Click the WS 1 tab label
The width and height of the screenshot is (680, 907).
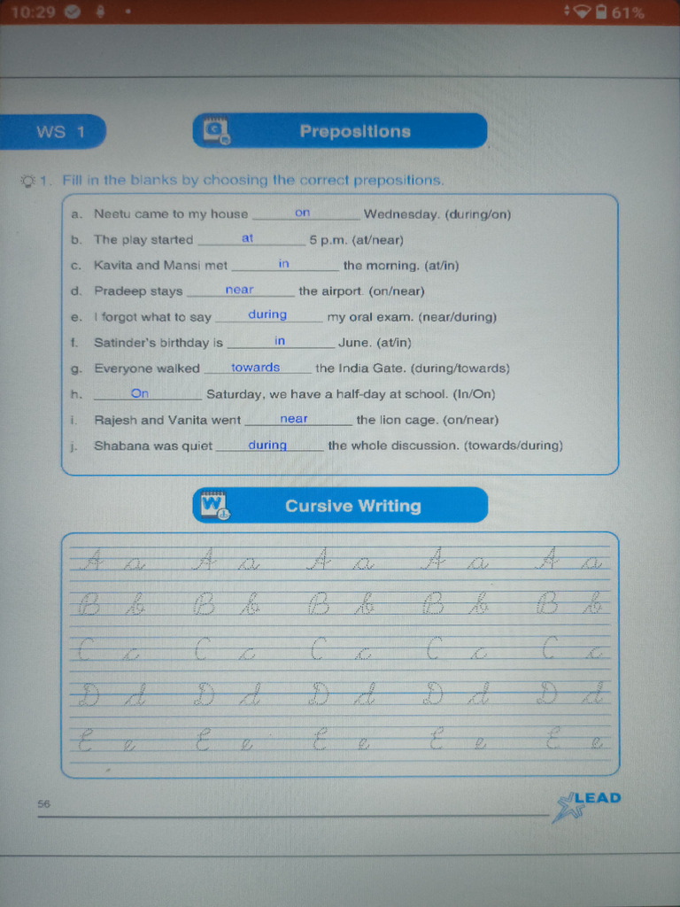pos(61,132)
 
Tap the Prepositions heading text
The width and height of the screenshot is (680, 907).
pos(355,131)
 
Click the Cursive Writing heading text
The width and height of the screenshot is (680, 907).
pos(352,506)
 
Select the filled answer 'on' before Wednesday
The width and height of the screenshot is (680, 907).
pos(303,213)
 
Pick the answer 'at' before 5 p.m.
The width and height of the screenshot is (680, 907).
pos(248,238)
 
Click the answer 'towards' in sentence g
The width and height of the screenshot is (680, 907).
pos(256,368)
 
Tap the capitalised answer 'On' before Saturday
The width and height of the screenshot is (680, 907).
pos(140,393)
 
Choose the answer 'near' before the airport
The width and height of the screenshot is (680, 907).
pos(239,290)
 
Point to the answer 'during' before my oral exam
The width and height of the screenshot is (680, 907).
pos(267,314)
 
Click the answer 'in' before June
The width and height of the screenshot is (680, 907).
pos(280,341)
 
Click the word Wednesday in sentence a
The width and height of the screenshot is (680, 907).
pos(401,214)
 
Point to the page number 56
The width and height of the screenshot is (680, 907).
pos(44,803)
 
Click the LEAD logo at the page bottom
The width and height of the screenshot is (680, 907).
pos(586,805)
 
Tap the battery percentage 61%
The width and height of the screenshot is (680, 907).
pos(628,12)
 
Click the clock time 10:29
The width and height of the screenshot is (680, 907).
pos(33,12)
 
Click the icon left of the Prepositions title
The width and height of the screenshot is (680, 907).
pos(216,131)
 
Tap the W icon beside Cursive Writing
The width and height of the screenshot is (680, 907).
pos(216,505)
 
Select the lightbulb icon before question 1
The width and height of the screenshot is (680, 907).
pos(28,181)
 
